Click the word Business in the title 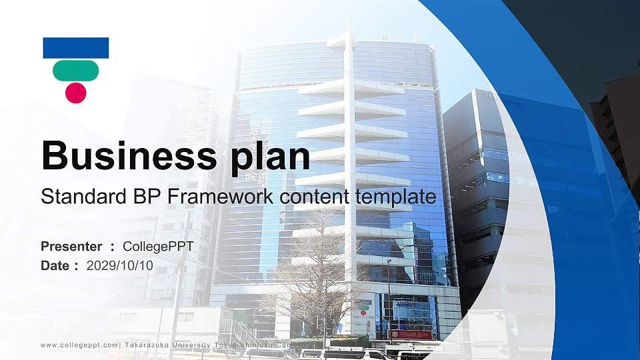coord(127,156)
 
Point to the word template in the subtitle coord(395,197)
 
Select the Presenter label coord(71,247)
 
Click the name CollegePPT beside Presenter coord(158,247)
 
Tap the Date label coord(55,266)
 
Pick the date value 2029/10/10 coord(120,266)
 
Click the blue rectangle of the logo coord(76,47)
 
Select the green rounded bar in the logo coord(76,70)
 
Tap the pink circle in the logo coord(76,92)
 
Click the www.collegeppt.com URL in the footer coord(79,345)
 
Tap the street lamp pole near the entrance coord(389,300)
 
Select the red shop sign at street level coord(411,334)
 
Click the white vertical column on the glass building coord(349,167)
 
